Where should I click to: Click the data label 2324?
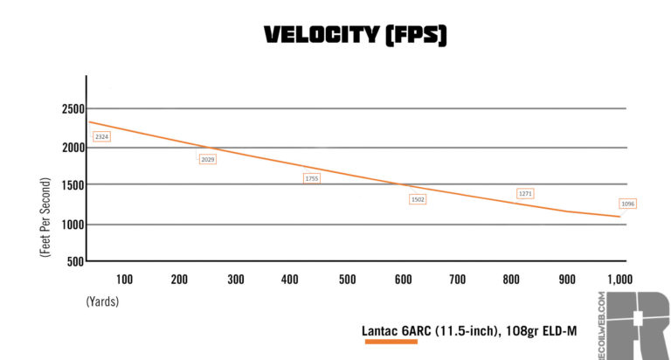click(x=101, y=136)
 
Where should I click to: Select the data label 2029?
click(x=207, y=159)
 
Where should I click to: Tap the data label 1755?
click(x=312, y=178)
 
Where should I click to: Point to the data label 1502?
click(x=418, y=199)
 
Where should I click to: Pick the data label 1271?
click(x=525, y=193)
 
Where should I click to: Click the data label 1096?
click(x=627, y=204)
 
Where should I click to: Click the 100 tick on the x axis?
click(x=124, y=280)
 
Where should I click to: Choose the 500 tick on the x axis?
click(x=347, y=280)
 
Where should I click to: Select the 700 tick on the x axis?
click(x=458, y=280)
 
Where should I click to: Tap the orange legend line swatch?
click(x=391, y=343)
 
